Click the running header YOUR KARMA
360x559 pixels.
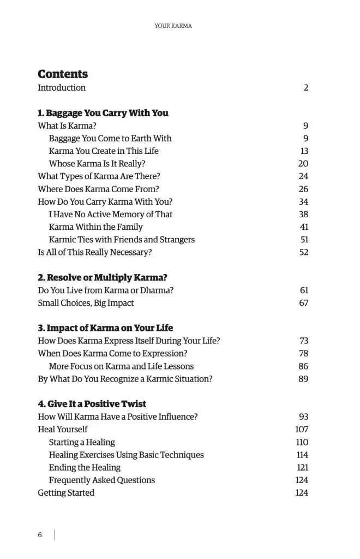click(173, 26)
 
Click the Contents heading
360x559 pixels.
click(63, 74)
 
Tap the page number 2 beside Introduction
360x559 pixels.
click(306, 87)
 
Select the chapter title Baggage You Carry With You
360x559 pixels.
click(103, 113)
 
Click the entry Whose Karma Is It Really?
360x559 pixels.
click(97, 163)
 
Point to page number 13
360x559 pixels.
click(304, 151)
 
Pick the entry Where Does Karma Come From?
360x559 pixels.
click(98, 189)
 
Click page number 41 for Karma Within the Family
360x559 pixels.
click(304, 227)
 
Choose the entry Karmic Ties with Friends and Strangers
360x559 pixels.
click(122, 240)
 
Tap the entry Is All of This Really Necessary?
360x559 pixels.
click(94, 252)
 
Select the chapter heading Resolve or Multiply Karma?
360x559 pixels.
click(103, 278)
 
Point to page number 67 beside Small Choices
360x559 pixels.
click(304, 303)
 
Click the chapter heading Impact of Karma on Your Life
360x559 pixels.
click(105, 328)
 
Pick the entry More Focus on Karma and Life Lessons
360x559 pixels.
click(121, 366)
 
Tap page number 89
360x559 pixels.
click(303, 379)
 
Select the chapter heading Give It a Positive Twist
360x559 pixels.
click(92, 404)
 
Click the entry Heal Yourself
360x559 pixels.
click(62, 429)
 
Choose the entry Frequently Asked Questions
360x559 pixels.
click(102, 480)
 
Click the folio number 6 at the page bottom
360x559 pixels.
click(40, 535)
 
